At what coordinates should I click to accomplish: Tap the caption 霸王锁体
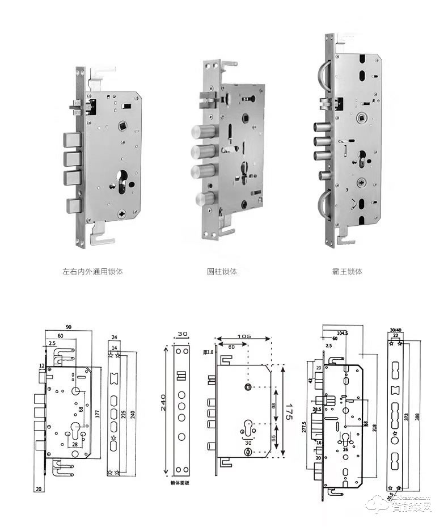346,272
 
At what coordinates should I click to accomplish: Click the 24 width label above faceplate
114,337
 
